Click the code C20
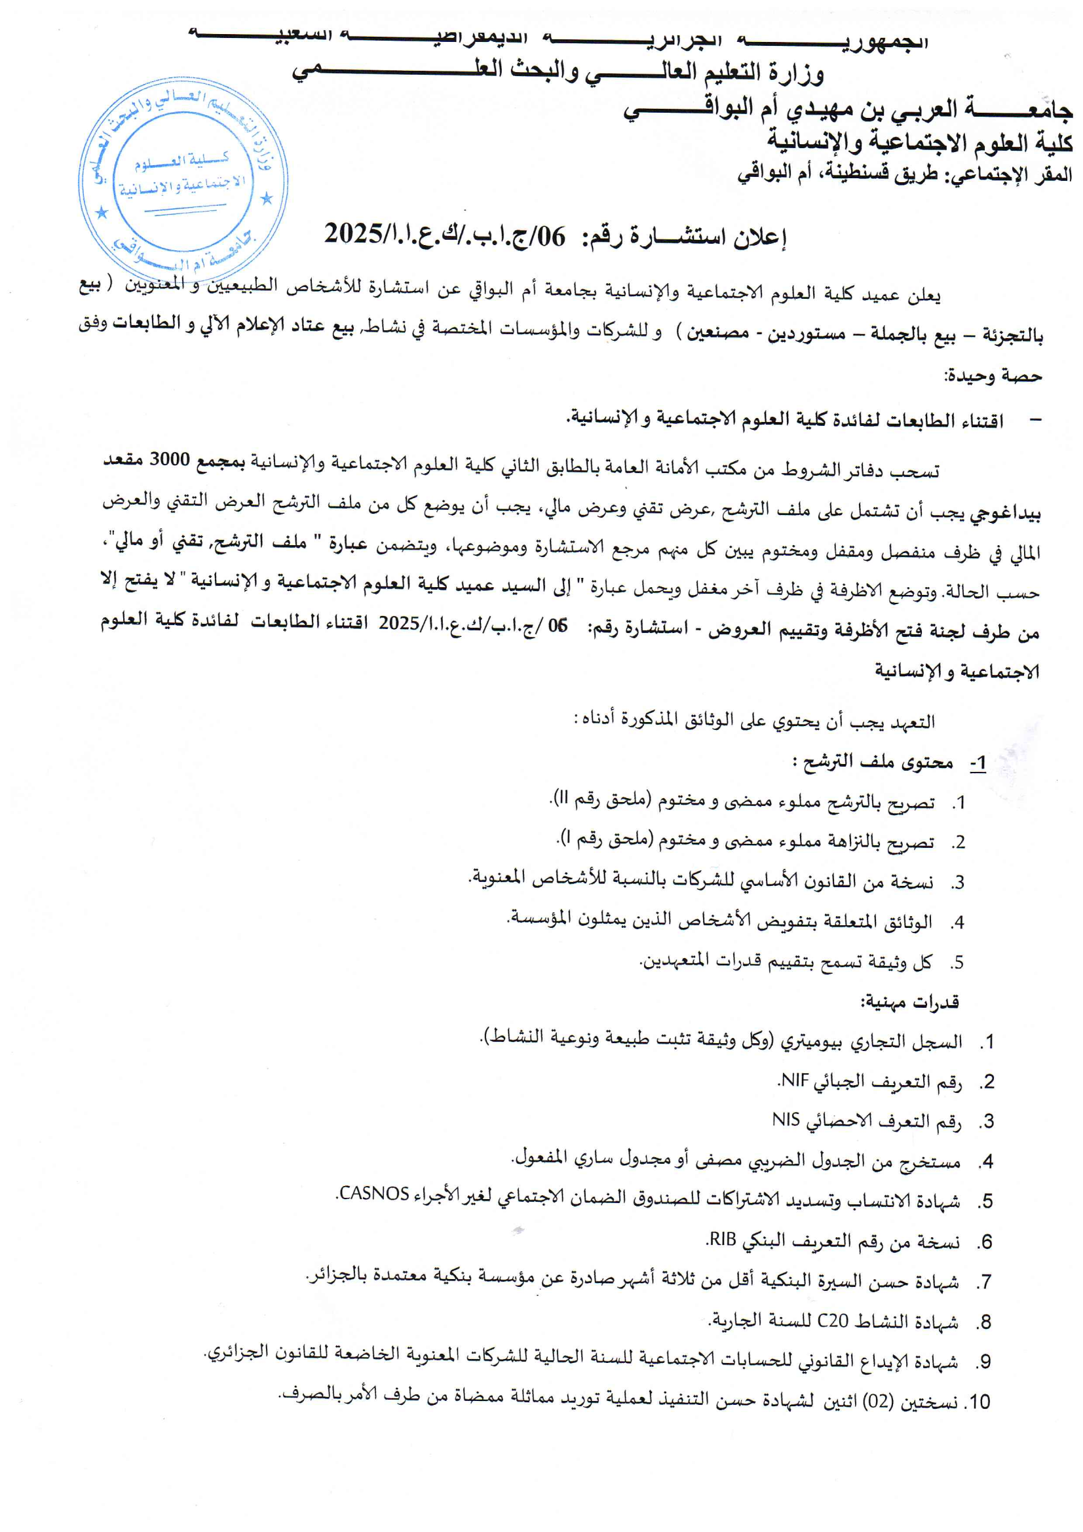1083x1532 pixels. click(x=833, y=1320)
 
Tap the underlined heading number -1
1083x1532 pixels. click(x=978, y=763)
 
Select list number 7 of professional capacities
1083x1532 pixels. click(x=983, y=1282)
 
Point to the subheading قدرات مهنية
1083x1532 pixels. click(x=909, y=1001)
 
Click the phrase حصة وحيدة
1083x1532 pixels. click(x=992, y=376)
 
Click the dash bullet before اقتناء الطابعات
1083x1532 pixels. click(x=1035, y=420)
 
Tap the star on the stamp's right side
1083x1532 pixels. click(x=267, y=198)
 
